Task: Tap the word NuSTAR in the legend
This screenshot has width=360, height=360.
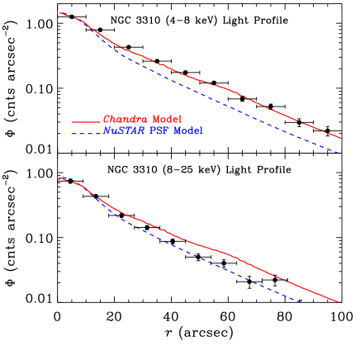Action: tap(123, 131)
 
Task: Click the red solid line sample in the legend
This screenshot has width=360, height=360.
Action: tap(85, 121)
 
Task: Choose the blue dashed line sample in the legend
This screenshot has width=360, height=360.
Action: tap(85, 132)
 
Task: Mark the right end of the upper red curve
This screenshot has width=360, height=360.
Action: tap(341, 138)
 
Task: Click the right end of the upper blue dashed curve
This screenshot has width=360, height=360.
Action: tap(339, 153)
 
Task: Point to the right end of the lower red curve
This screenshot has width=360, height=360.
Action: tap(339, 302)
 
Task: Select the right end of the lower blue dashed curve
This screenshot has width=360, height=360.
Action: tap(300, 301)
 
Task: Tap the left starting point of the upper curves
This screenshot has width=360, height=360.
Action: tap(59, 12)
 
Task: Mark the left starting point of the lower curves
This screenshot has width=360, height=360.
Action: tap(59, 177)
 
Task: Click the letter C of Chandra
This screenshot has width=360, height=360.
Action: tap(106, 120)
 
